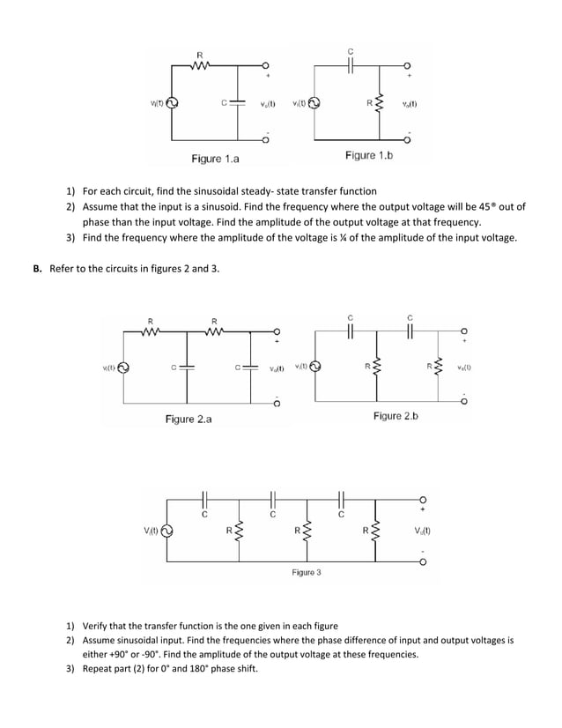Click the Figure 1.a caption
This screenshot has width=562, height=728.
(215, 159)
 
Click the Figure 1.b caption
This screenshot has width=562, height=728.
(369, 155)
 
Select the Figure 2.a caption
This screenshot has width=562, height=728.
(189, 420)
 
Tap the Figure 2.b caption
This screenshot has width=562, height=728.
(396, 416)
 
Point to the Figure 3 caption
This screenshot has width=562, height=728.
(307, 572)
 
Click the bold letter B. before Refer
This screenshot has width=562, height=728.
(38, 268)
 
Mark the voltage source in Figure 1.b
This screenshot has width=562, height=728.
(314, 102)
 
